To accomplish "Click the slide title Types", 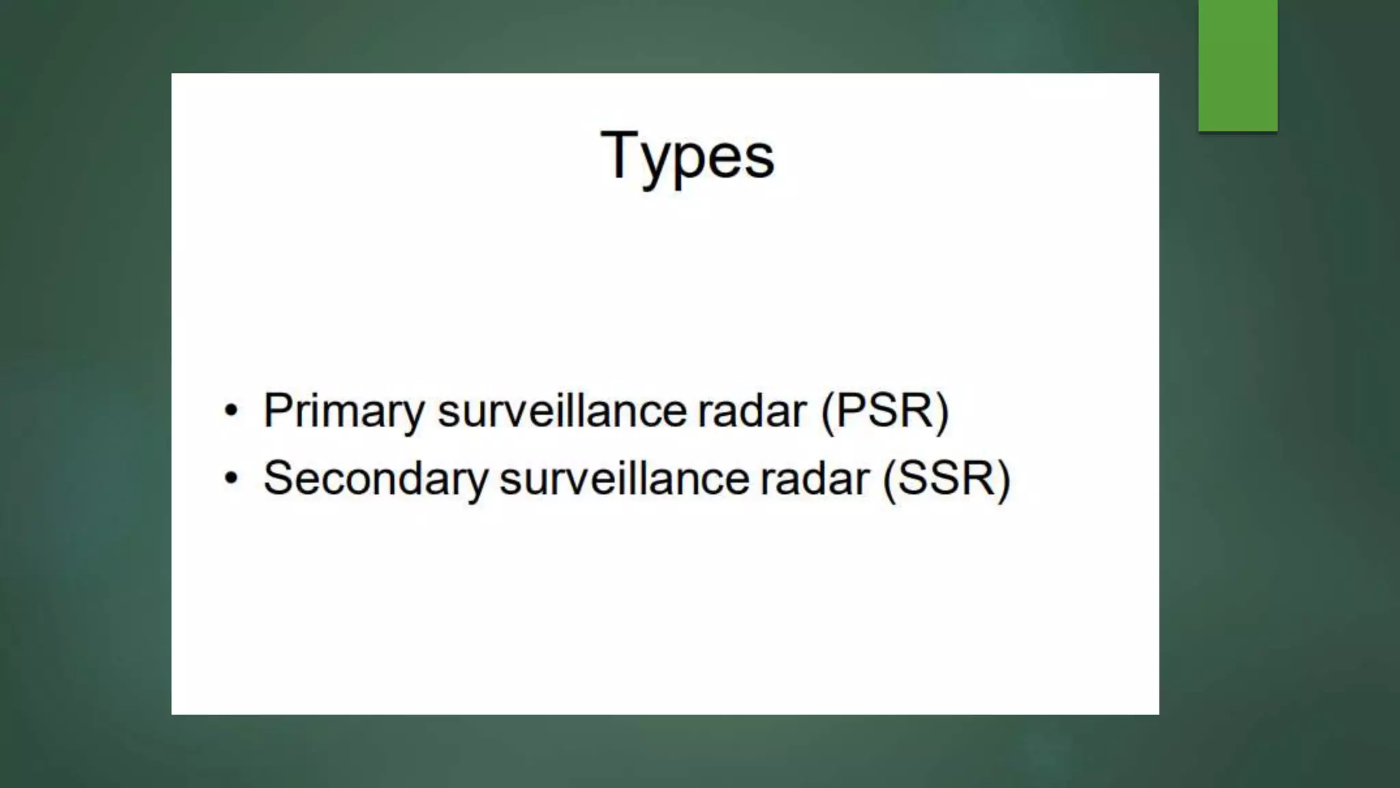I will point(687,156).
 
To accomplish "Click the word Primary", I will point(343,412).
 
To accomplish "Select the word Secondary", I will point(375,478).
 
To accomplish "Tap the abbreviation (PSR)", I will point(885,411).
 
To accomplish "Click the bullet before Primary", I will point(232,412).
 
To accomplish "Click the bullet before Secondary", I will point(232,479).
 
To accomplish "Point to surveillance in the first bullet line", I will point(562,411).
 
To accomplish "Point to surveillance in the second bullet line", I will point(624,478).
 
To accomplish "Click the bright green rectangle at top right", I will point(1237,65).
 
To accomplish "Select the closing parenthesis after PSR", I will point(942,412).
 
